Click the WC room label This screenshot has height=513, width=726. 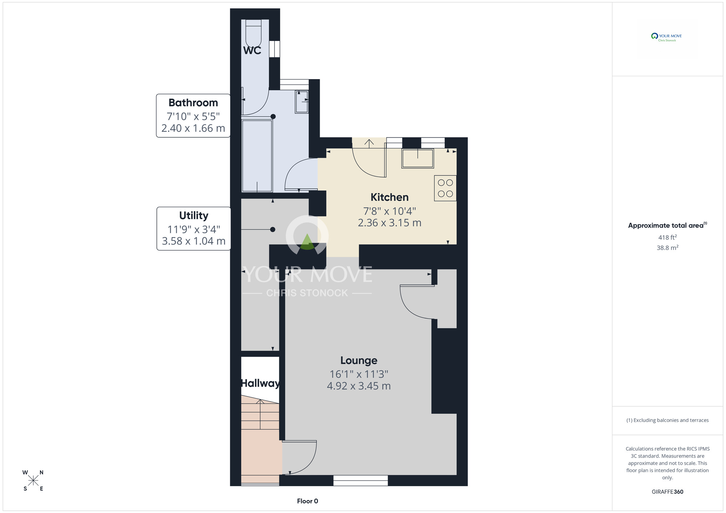pyautogui.click(x=252, y=50)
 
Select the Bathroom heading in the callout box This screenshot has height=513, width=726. pyautogui.click(x=193, y=103)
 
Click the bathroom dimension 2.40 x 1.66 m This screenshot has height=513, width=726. pyautogui.click(x=193, y=128)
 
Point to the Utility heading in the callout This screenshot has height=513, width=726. pyautogui.click(x=194, y=216)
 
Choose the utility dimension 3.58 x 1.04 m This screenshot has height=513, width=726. pyautogui.click(x=194, y=241)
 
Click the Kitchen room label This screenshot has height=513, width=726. pyautogui.click(x=389, y=197)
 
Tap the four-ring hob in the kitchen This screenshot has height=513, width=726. pyautogui.click(x=445, y=188)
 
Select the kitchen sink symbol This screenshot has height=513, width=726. pyautogui.click(x=418, y=158)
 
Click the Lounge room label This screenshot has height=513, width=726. pyautogui.click(x=359, y=360)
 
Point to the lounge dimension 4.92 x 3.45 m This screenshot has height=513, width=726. pyautogui.click(x=359, y=386)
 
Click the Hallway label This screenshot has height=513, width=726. pyautogui.click(x=260, y=383)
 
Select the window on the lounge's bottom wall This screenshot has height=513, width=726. pyautogui.click(x=360, y=480)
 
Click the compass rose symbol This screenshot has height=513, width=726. pyautogui.click(x=33, y=481)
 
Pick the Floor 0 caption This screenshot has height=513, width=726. pyautogui.click(x=307, y=501)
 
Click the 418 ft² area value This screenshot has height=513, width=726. pyautogui.click(x=668, y=237)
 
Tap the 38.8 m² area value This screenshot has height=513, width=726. pyautogui.click(x=668, y=248)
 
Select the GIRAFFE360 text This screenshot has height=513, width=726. pyautogui.click(x=668, y=492)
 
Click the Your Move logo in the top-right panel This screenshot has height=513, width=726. pyautogui.click(x=667, y=37)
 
